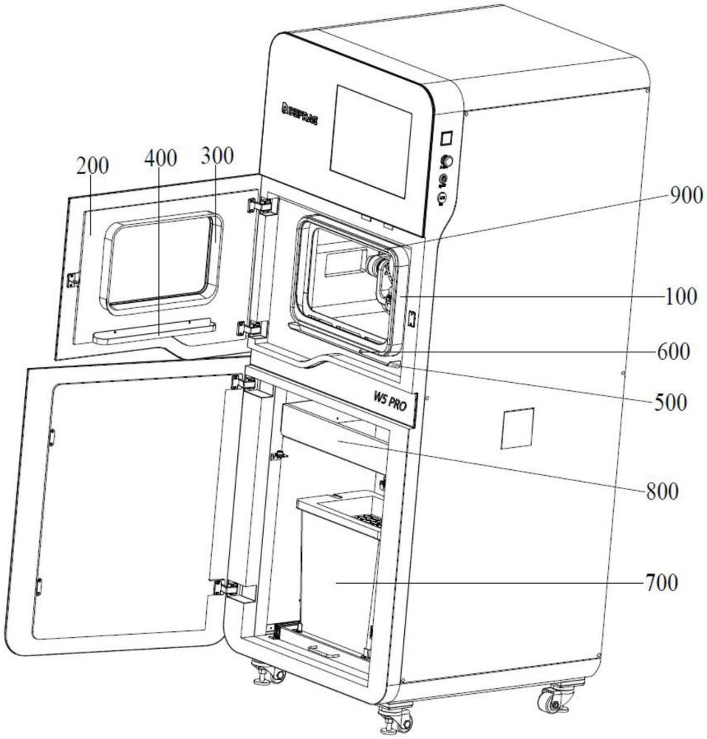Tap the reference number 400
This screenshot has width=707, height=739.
point(162,158)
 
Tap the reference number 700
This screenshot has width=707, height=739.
point(659,583)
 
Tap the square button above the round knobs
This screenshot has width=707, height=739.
point(446,137)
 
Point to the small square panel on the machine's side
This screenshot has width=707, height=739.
point(517,427)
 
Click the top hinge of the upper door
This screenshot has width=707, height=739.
point(259,204)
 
